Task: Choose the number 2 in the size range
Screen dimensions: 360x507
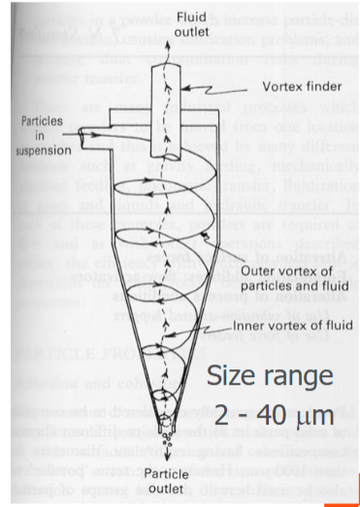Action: click(222, 416)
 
